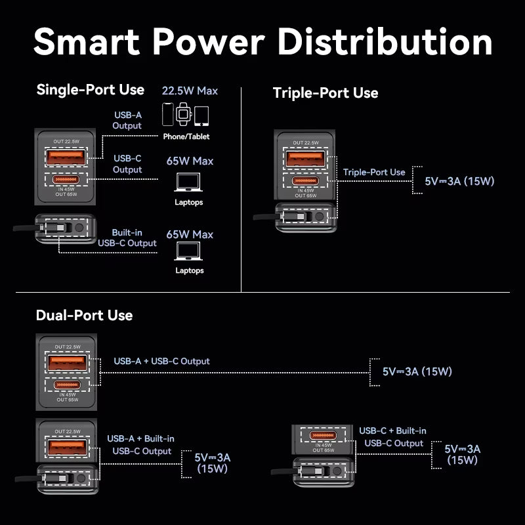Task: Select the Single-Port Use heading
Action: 91,89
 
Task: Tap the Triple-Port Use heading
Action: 325,93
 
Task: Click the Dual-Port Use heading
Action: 84,315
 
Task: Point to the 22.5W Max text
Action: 190,91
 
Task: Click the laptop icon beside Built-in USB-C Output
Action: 189,252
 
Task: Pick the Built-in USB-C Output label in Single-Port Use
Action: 127,238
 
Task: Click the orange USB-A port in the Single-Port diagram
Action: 65,157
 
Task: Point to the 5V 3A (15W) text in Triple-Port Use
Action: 459,181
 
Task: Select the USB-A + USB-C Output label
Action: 161,361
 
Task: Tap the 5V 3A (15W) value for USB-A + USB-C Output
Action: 417,371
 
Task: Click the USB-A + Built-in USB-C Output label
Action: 140,444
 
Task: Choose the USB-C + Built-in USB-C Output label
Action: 392,436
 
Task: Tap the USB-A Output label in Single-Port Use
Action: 127,120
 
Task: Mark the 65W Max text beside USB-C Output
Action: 190,161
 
